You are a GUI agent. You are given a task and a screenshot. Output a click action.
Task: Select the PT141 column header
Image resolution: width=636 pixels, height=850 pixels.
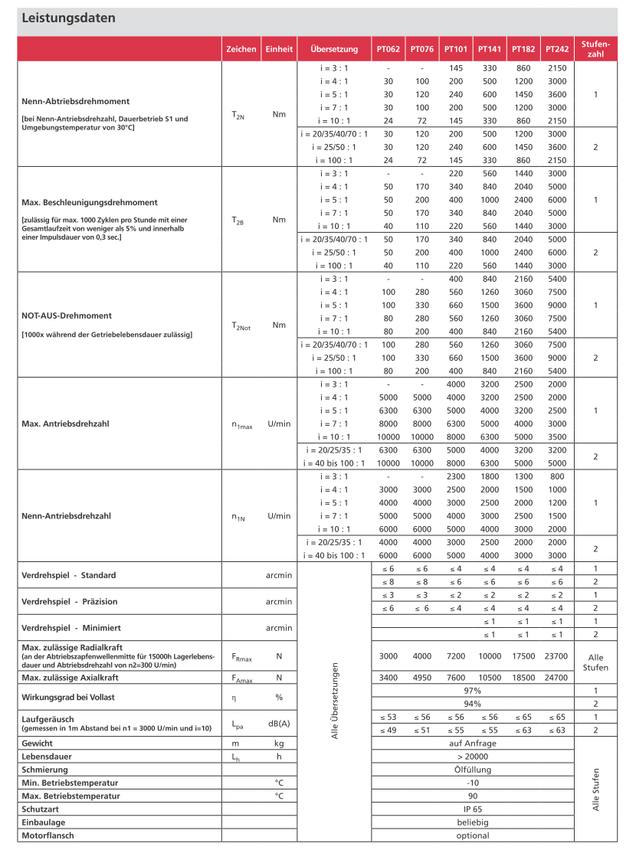(x=490, y=49)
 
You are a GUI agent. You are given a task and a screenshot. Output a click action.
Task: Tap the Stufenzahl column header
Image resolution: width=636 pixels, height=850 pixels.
(x=595, y=49)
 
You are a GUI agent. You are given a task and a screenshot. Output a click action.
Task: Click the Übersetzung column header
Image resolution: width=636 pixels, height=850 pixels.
(x=334, y=49)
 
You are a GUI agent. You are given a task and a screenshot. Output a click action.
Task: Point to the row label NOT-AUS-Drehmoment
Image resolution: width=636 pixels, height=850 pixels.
(x=67, y=315)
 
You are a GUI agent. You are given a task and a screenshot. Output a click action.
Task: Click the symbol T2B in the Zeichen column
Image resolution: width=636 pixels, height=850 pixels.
(x=238, y=220)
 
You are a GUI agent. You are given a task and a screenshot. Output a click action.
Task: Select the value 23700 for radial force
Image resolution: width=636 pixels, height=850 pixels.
(x=557, y=656)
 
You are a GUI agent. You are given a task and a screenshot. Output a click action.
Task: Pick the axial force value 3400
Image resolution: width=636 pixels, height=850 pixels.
(x=388, y=678)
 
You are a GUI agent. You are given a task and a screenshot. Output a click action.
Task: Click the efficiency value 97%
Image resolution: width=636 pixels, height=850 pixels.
(x=473, y=691)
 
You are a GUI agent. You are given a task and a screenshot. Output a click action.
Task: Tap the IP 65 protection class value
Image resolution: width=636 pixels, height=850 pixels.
(x=473, y=809)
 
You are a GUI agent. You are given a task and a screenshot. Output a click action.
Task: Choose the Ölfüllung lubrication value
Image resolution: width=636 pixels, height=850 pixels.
(x=473, y=770)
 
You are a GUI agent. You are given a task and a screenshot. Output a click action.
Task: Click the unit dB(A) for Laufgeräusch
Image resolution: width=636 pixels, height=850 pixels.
(x=280, y=724)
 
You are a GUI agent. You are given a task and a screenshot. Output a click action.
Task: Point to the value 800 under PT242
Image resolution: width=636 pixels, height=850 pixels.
(x=557, y=476)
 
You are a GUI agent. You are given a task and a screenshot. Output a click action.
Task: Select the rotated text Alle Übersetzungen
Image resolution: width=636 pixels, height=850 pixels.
(x=335, y=701)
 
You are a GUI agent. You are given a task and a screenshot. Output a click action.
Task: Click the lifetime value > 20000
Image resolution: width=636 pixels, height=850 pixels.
(x=473, y=757)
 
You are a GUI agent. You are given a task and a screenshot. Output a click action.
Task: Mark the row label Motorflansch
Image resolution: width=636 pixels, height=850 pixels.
(x=48, y=835)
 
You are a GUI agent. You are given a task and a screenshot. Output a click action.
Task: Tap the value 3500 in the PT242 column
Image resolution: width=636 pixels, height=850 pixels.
(x=557, y=436)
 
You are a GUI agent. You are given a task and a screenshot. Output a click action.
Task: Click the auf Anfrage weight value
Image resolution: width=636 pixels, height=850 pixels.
(x=473, y=744)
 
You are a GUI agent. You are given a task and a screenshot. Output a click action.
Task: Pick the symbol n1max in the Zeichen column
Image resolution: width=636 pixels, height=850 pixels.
(x=241, y=424)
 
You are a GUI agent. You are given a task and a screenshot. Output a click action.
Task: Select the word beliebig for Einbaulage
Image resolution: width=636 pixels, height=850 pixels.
(x=473, y=822)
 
